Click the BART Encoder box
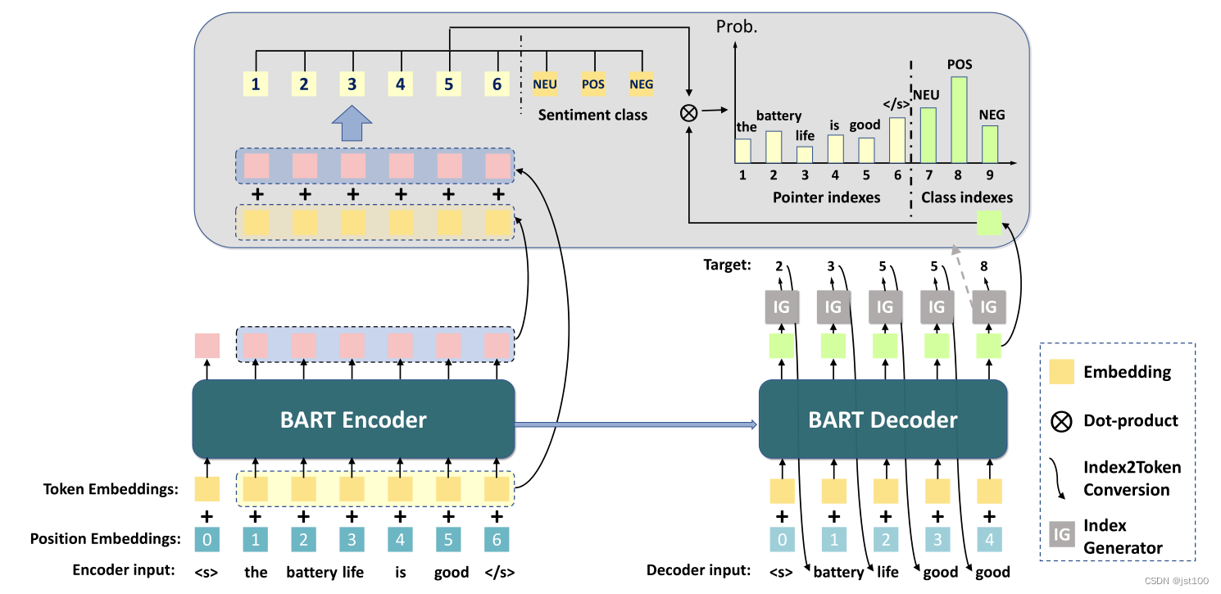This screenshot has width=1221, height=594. click(x=353, y=419)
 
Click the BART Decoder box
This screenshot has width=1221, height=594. click(x=883, y=419)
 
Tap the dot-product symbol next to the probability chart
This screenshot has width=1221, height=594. click(x=688, y=112)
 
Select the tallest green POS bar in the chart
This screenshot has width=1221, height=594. click(x=959, y=119)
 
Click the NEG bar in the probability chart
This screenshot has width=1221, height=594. click(x=990, y=143)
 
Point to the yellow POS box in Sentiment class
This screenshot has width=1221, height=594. click(x=592, y=83)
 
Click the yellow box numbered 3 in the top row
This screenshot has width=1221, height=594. click(x=352, y=83)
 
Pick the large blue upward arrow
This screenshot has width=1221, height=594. click(x=352, y=126)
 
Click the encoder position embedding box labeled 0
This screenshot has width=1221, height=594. click(x=207, y=539)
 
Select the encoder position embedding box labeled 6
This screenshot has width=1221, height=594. click(x=496, y=539)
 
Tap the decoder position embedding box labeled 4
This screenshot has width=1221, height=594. click(x=989, y=539)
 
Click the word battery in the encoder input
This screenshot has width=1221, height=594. click(x=311, y=571)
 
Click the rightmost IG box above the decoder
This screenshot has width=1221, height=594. click(x=989, y=306)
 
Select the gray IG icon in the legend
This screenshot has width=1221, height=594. click(x=1062, y=535)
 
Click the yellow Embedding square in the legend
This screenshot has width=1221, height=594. click(x=1062, y=372)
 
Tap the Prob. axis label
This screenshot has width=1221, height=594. click(x=737, y=26)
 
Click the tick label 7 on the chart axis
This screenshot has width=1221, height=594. click(x=928, y=174)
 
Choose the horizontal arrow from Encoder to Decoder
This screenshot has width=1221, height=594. click(x=636, y=424)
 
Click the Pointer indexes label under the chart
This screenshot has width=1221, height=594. click(x=826, y=197)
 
